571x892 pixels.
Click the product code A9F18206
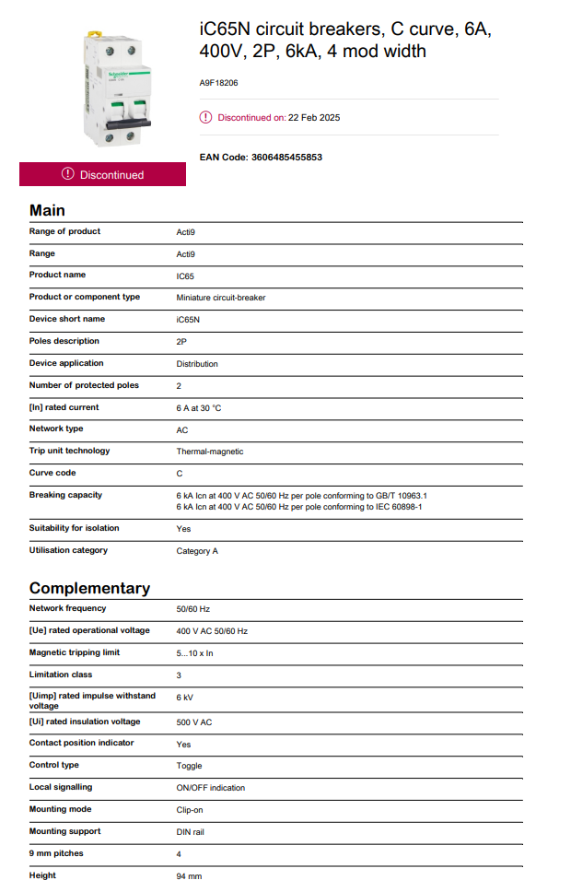(x=218, y=82)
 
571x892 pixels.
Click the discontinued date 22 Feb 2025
(x=314, y=118)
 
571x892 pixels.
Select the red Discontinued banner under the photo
(x=102, y=174)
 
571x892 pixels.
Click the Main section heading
(x=47, y=210)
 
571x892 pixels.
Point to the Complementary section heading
(x=89, y=588)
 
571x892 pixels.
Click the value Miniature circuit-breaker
(x=221, y=298)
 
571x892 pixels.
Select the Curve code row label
(x=52, y=473)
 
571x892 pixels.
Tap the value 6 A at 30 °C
(x=199, y=407)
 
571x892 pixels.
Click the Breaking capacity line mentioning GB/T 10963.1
(x=301, y=496)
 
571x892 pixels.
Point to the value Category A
(x=197, y=551)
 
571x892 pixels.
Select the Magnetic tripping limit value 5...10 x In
(x=195, y=653)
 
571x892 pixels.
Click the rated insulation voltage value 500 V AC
(x=194, y=722)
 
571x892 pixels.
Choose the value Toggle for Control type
(x=189, y=766)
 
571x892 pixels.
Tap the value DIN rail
(x=192, y=832)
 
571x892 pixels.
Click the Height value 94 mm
(x=189, y=876)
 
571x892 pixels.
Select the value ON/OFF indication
(x=211, y=788)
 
